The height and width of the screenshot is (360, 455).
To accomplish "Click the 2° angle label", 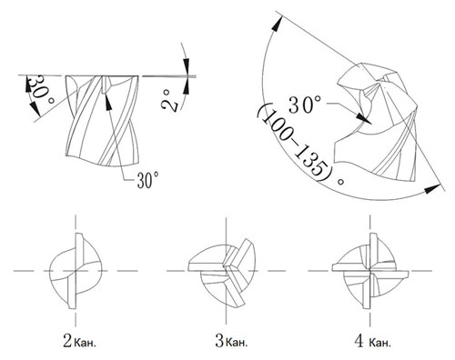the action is [x=170, y=101].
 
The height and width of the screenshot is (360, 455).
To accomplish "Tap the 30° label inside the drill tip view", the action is [x=304, y=105].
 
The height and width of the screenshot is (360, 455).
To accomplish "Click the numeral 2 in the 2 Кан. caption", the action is [x=67, y=341].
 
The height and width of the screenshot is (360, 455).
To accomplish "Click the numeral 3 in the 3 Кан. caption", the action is [x=219, y=341].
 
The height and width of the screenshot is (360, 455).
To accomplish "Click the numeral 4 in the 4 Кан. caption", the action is [x=359, y=341].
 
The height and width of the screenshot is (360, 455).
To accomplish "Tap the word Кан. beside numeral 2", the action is [x=86, y=343].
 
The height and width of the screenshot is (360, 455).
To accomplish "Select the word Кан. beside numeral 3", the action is [x=237, y=343].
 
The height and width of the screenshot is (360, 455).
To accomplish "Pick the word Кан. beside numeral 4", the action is [x=380, y=343].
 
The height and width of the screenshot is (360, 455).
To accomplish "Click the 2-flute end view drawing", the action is [x=76, y=271].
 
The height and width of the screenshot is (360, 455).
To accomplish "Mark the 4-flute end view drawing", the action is [x=370, y=271].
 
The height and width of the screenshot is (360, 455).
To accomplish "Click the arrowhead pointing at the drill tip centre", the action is [x=364, y=119].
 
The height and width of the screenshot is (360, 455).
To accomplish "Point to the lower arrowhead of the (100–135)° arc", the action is [x=432, y=189].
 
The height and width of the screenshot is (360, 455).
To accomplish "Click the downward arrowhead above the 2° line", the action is [x=187, y=65].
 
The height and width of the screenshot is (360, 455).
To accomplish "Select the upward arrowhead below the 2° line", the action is [x=187, y=85].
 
